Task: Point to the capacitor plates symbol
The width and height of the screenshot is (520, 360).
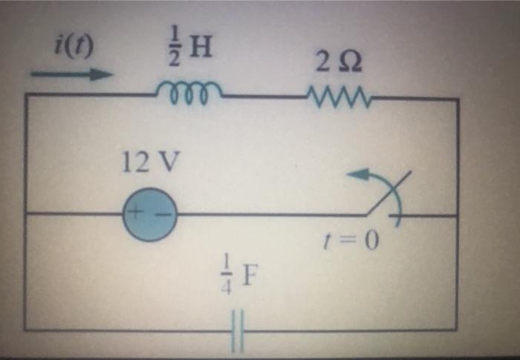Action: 237,330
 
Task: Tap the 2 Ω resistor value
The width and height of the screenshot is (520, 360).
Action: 339,65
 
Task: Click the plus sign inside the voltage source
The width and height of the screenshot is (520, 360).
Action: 137,214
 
